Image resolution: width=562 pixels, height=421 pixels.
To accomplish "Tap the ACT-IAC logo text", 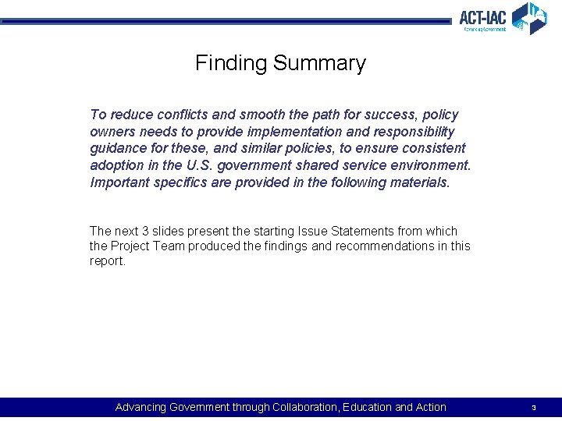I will point(483,16).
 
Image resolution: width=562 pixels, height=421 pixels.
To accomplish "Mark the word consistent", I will point(434,148).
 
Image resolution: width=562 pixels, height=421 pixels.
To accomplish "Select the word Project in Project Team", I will point(130,246).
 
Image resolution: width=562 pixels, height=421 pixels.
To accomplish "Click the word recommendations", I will point(389,246).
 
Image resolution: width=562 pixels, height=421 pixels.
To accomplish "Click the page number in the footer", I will point(533,408).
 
